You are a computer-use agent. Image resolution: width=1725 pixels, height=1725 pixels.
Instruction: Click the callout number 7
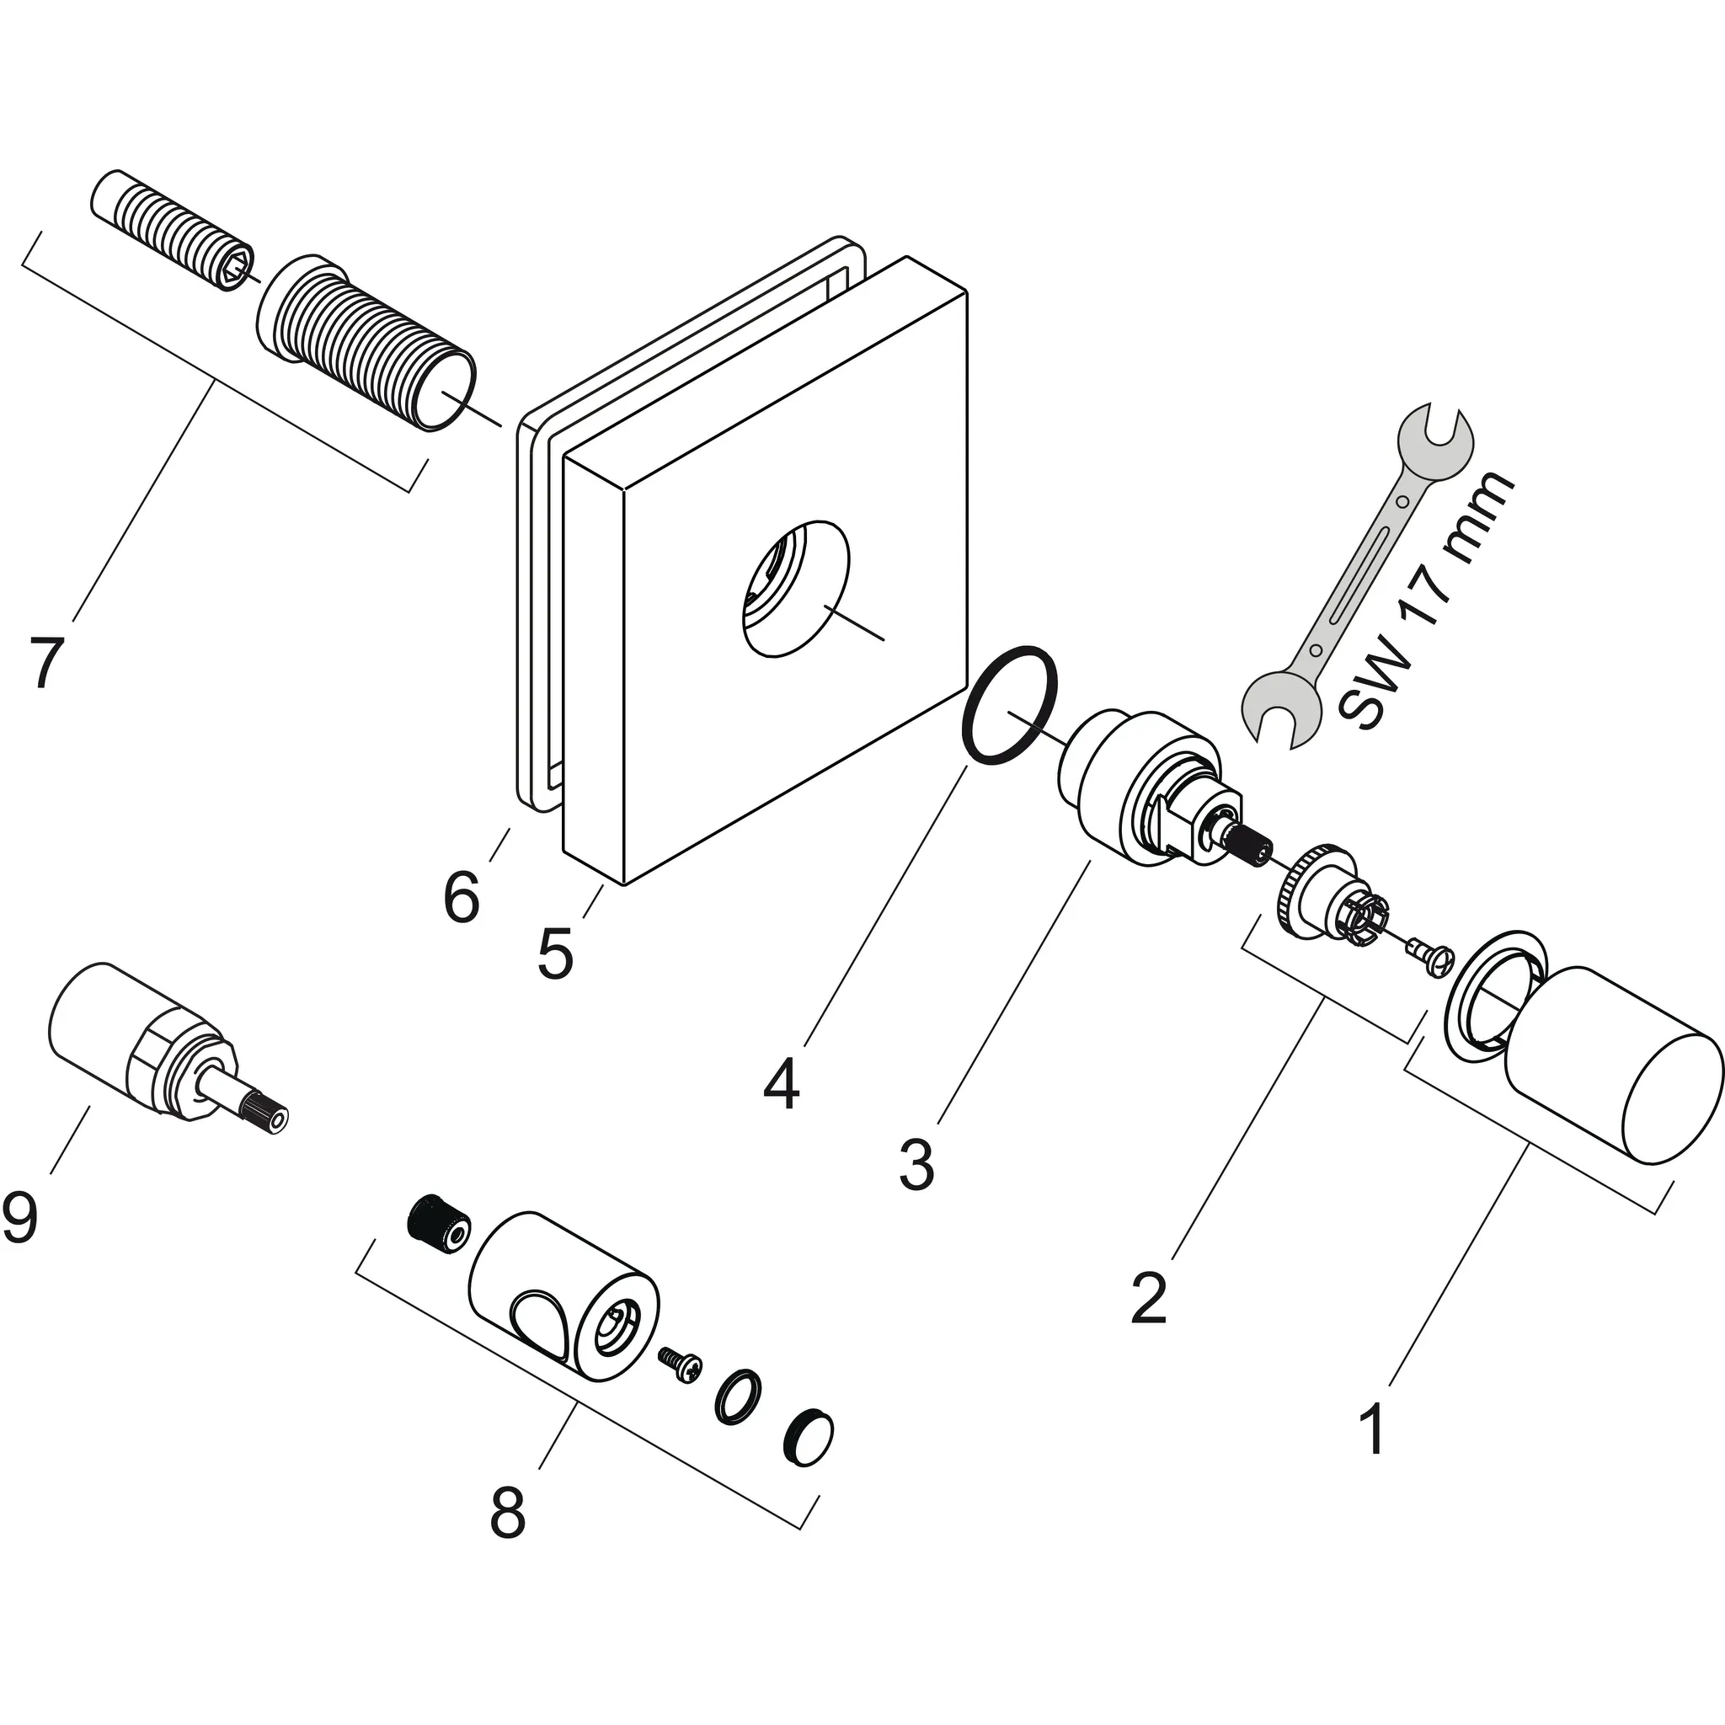46,663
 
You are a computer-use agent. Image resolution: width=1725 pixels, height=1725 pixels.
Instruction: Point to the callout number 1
1372,1429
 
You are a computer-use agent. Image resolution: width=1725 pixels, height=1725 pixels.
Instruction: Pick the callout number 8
508,1513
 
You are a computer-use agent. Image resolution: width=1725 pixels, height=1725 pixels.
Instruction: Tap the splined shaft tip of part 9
264,1115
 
